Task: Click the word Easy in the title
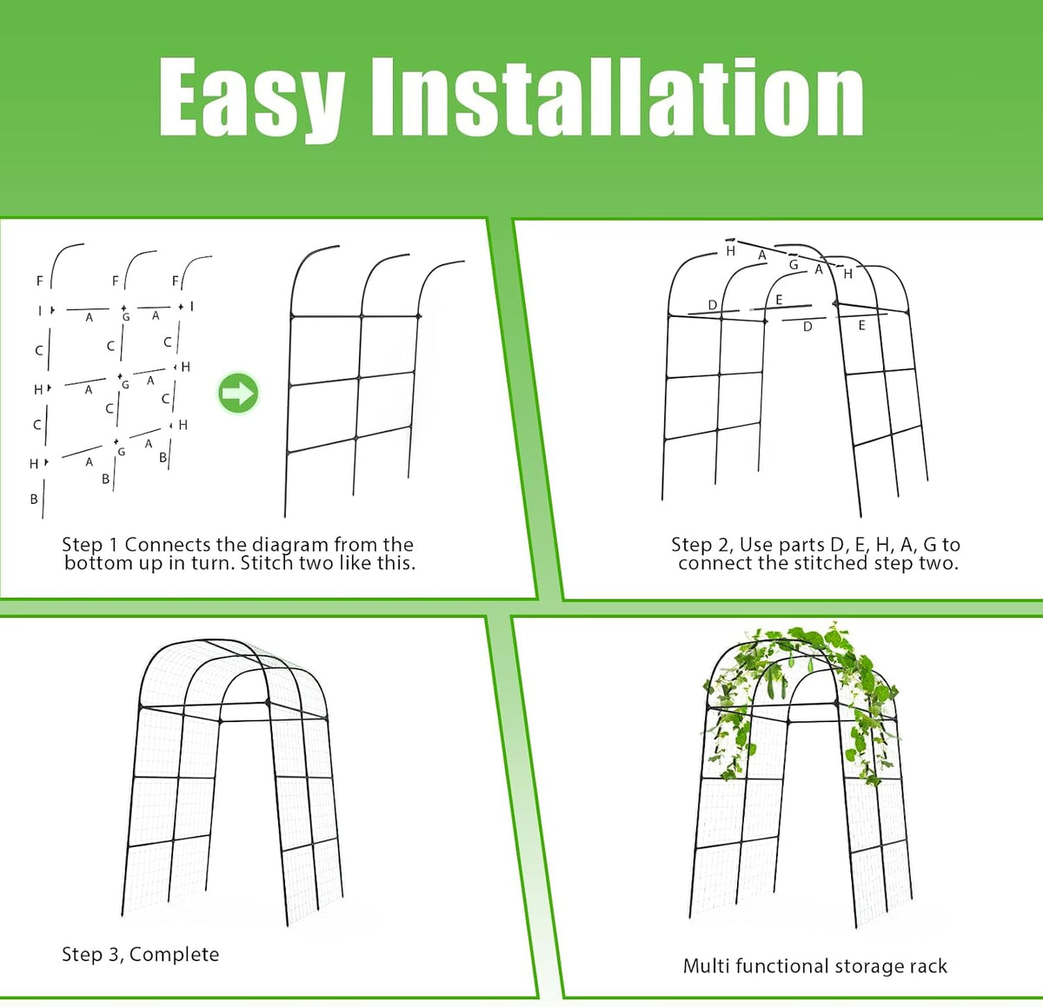(251, 99)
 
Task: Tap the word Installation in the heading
(617, 96)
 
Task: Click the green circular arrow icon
(238, 394)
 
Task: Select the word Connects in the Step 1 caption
(168, 545)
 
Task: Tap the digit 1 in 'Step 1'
(112, 545)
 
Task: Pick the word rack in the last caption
(928, 966)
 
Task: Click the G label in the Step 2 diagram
(794, 264)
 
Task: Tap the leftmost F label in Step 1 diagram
(40, 280)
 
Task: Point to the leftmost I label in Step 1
(40, 310)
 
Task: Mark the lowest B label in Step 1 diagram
(34, 500)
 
